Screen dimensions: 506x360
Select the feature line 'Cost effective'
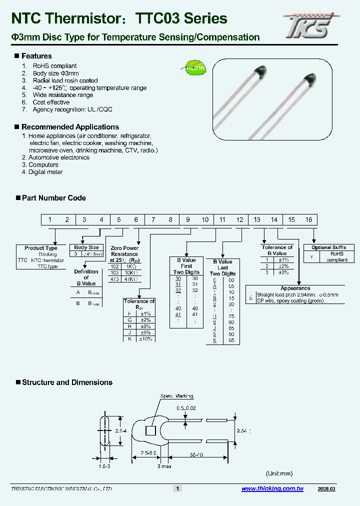pyautogui.click(x=51, y=102)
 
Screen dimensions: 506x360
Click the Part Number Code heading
pyautogui.click(x=53, y=198)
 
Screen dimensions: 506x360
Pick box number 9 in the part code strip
pyautogui.click(x=187, y=220)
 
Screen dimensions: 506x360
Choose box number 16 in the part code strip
pyautogui.click(x=308, y=220)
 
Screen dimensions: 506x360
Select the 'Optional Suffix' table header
pyautogui.click(x=328, y=247)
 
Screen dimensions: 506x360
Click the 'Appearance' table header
pyautogui.click(x=295, y=288)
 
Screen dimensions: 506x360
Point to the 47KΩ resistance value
pyautogui.click(x=132, y=279)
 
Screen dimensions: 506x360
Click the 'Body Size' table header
pyautogui.click(x=86, y=247)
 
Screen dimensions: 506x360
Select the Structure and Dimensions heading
pyautogui.click(x=67, y=382)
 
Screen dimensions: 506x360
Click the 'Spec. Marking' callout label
pyautogui.click(x=176, y=396)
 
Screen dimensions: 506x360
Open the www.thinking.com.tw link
pyautogui.click(x=272, y=489)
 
